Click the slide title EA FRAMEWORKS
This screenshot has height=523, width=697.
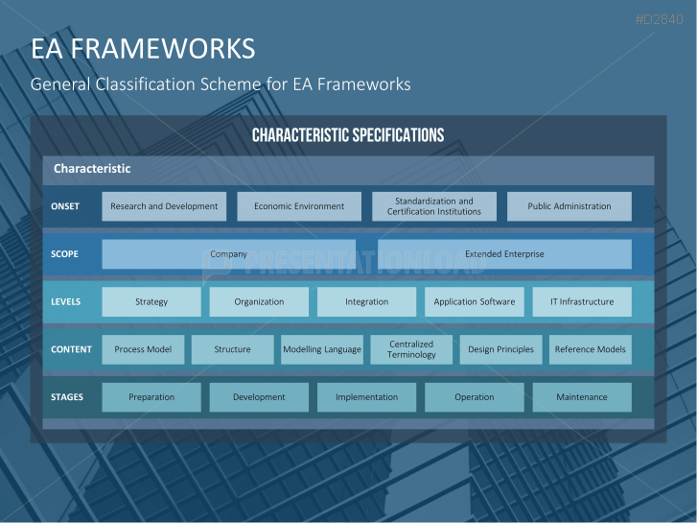[143, 48]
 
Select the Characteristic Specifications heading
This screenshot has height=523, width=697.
[348, 135]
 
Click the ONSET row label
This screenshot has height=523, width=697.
[65, 206]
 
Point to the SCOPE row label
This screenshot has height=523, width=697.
[64, 254]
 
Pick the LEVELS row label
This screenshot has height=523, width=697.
[66, 301]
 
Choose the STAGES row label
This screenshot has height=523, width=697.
[67, 396]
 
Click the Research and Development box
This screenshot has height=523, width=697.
[164, 206]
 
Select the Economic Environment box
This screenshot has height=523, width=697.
[299, 206]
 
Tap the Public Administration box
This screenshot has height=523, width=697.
[569, 206]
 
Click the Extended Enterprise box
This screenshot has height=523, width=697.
[504, 254]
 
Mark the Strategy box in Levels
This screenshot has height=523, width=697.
[151, 301]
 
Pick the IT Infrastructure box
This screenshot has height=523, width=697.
[582, 301]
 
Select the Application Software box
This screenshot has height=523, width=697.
[475, 301]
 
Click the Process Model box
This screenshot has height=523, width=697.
[143, 349]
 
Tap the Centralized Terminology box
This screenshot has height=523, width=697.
[411, 349]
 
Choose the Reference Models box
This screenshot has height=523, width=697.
[590, 349]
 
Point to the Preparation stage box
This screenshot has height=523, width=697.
[151, 396]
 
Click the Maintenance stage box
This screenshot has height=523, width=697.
[582, 396]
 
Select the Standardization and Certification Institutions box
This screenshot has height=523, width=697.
[434, 206]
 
